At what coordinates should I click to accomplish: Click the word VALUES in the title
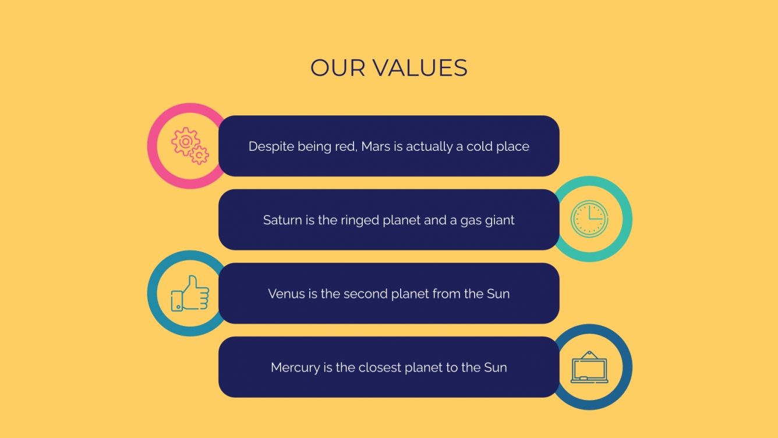coord(419,68)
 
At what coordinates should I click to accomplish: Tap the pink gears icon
coord(190,146)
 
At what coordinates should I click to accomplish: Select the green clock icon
coord(589,219)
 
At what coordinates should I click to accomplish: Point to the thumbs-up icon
coord(190,293)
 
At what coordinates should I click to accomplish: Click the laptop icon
coord(589,368)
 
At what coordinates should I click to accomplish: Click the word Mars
coord(376,146)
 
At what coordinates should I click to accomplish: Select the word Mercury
coord(295,368)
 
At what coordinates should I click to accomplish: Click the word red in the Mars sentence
coord(345,146)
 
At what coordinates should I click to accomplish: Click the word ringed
coord(359,220)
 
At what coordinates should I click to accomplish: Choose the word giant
coord(500,220)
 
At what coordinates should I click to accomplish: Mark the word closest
coord(379,368)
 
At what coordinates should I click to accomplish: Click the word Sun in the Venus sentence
coord(498,294)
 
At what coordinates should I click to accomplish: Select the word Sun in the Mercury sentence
coord(495,368)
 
